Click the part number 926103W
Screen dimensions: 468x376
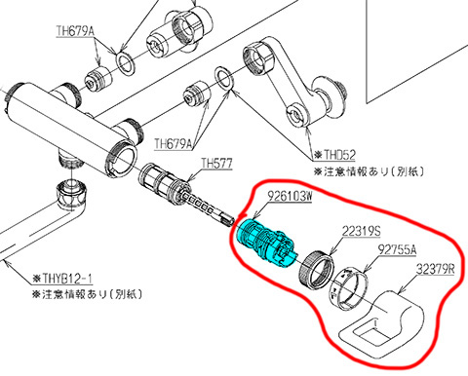290,196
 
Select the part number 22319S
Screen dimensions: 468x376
361,231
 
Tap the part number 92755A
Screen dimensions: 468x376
397,249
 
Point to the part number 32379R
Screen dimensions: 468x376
436,269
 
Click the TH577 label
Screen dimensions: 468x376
216,163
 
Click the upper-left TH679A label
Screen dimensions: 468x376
75,31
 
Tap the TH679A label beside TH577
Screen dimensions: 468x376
174,143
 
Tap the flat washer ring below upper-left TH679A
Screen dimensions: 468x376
126,63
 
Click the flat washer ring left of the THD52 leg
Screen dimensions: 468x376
224,79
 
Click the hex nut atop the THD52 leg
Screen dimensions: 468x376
259,57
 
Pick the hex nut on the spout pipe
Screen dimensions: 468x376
71,195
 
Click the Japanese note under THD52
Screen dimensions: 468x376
369,171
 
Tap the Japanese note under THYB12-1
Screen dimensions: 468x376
87,294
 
